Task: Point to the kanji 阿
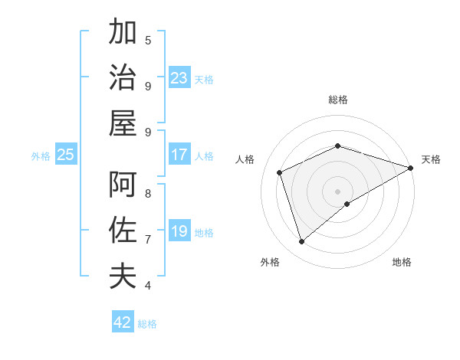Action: [123, 185]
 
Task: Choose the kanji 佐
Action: [123, 230]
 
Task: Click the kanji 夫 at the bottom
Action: [123, 275]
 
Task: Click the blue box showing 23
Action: [179, 77]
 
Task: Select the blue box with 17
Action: [179, 155]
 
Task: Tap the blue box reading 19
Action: [179, 231]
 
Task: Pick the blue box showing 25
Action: [66, 155]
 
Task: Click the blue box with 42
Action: [123, 322]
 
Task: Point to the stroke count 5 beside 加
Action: [148, 40]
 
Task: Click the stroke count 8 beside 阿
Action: [148, 193]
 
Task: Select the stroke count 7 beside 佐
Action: [148, 239]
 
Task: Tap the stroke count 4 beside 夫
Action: [148, 285]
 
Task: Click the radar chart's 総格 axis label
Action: [338, 100]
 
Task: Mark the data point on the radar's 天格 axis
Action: [411, 168]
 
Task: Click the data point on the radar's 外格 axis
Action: [301, 242]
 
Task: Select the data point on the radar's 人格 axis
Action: [280, 172]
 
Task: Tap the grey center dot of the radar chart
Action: [338, 191]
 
